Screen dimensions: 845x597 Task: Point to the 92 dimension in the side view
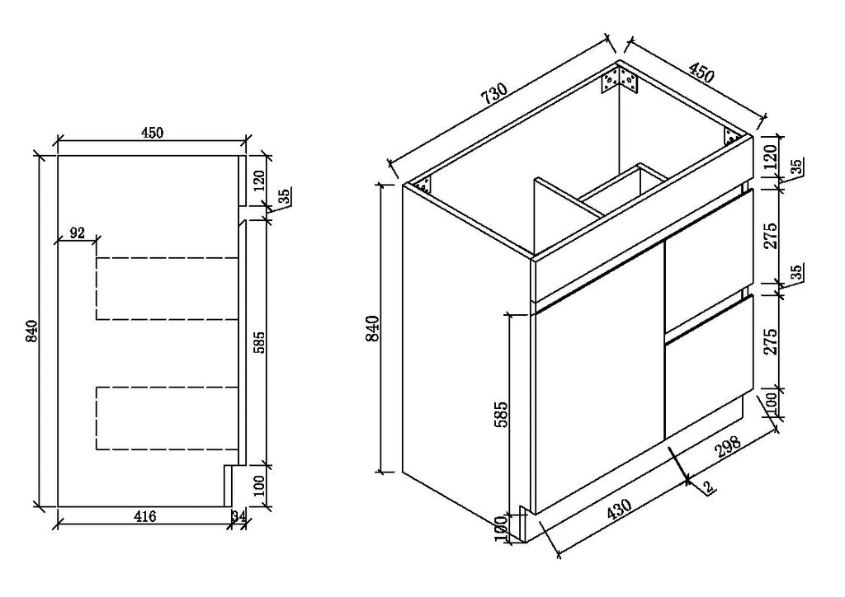click(x=77, y=233)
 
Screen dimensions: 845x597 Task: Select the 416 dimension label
click(x=145, y=517)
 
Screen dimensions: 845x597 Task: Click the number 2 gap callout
click(x=709, y=487)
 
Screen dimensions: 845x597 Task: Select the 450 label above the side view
click(x=152, y=133)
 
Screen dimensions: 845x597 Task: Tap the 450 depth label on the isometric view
click(x=701, y=73)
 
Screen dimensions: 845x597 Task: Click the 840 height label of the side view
click(x=32, y=331)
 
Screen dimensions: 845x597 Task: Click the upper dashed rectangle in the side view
click(x=167, y=289)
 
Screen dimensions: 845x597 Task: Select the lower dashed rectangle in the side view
click(x=167, y=418)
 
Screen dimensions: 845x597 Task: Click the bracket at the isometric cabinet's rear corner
click(x=620, y=80)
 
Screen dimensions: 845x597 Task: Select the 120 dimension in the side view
click(x=259, y=181)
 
